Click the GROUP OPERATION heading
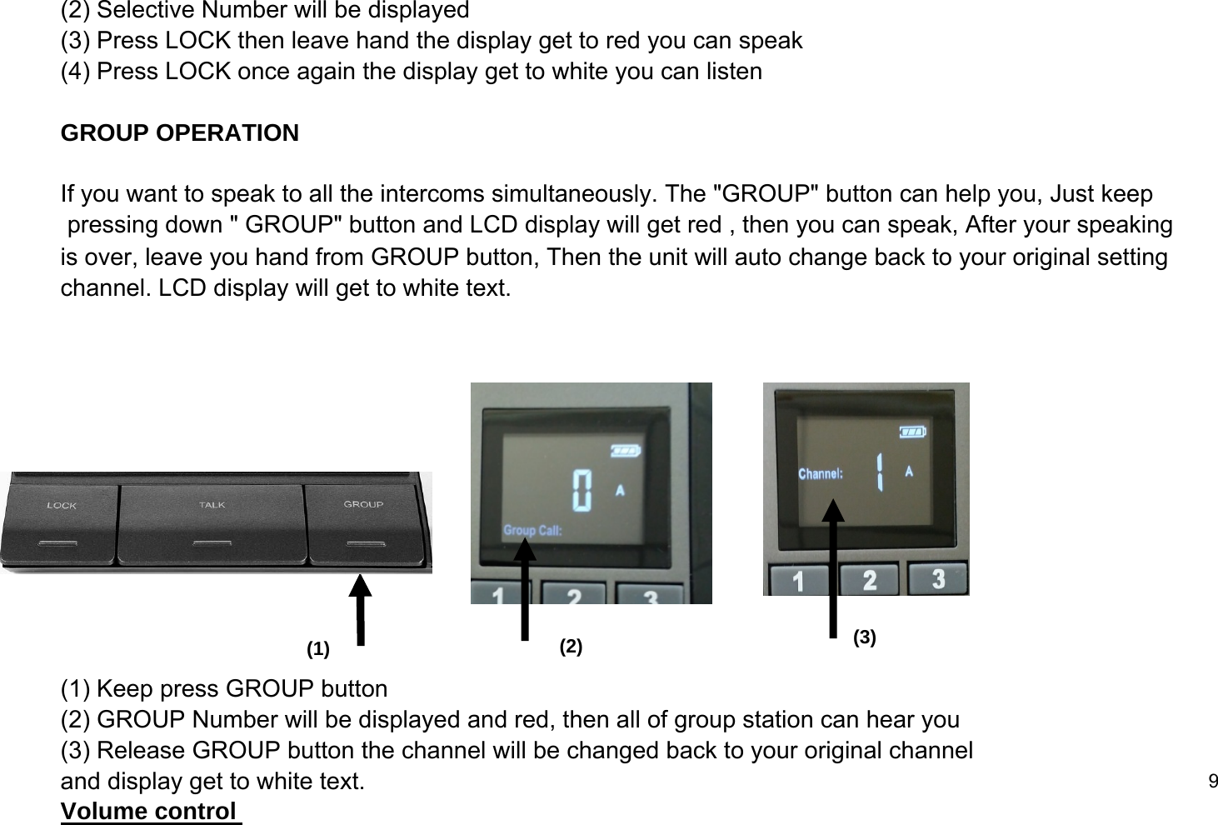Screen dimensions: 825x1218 [x=180, y=133]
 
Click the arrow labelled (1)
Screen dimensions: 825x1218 [x=360, y=609]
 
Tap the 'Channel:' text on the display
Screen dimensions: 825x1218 [x=821, y=473]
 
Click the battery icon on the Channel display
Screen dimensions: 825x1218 [x=911, y=432]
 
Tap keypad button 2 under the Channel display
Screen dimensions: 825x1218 [x=869, y=580]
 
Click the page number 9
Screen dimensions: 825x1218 [x=1212, y=781]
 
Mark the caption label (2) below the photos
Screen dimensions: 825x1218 [x=571, y=647]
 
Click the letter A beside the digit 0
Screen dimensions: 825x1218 [x=620, y=490]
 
